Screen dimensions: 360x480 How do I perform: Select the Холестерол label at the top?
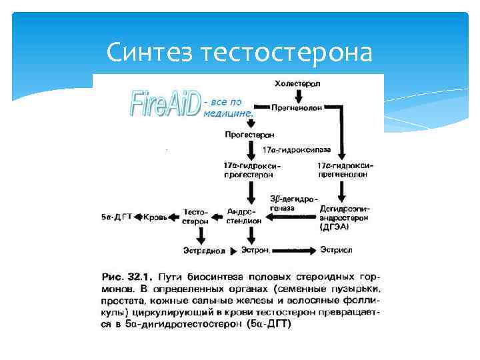click(297, 83)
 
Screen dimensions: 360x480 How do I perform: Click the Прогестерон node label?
click(250, 134)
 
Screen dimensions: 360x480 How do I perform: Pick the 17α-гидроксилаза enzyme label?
click(296, 149)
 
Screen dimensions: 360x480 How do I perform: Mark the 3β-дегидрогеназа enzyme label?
click(293, 203)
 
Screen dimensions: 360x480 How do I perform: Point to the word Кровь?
click(159, 217)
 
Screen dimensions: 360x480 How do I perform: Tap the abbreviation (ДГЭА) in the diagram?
click(334, 227)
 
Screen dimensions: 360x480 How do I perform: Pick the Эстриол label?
click(336, 251)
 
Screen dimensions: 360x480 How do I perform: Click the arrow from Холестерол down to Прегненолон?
click(297, 95)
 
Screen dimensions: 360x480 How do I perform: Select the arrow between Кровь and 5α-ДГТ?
click(139, 217)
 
